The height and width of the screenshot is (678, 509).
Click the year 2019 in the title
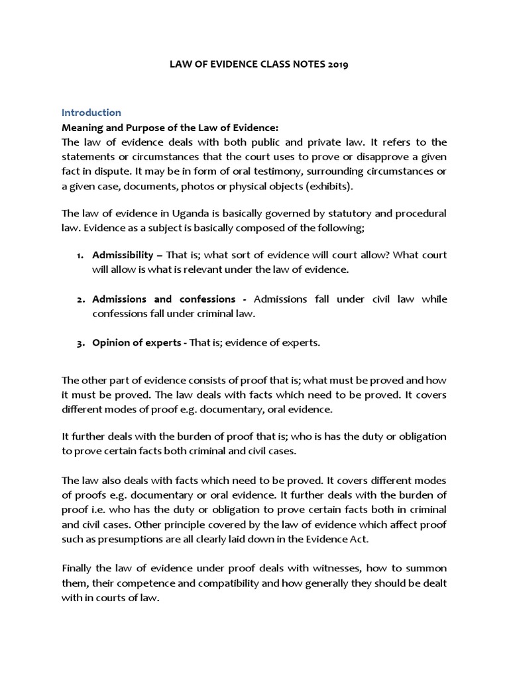coord(337,66)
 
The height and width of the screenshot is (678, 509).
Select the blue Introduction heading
coord(91,113)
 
